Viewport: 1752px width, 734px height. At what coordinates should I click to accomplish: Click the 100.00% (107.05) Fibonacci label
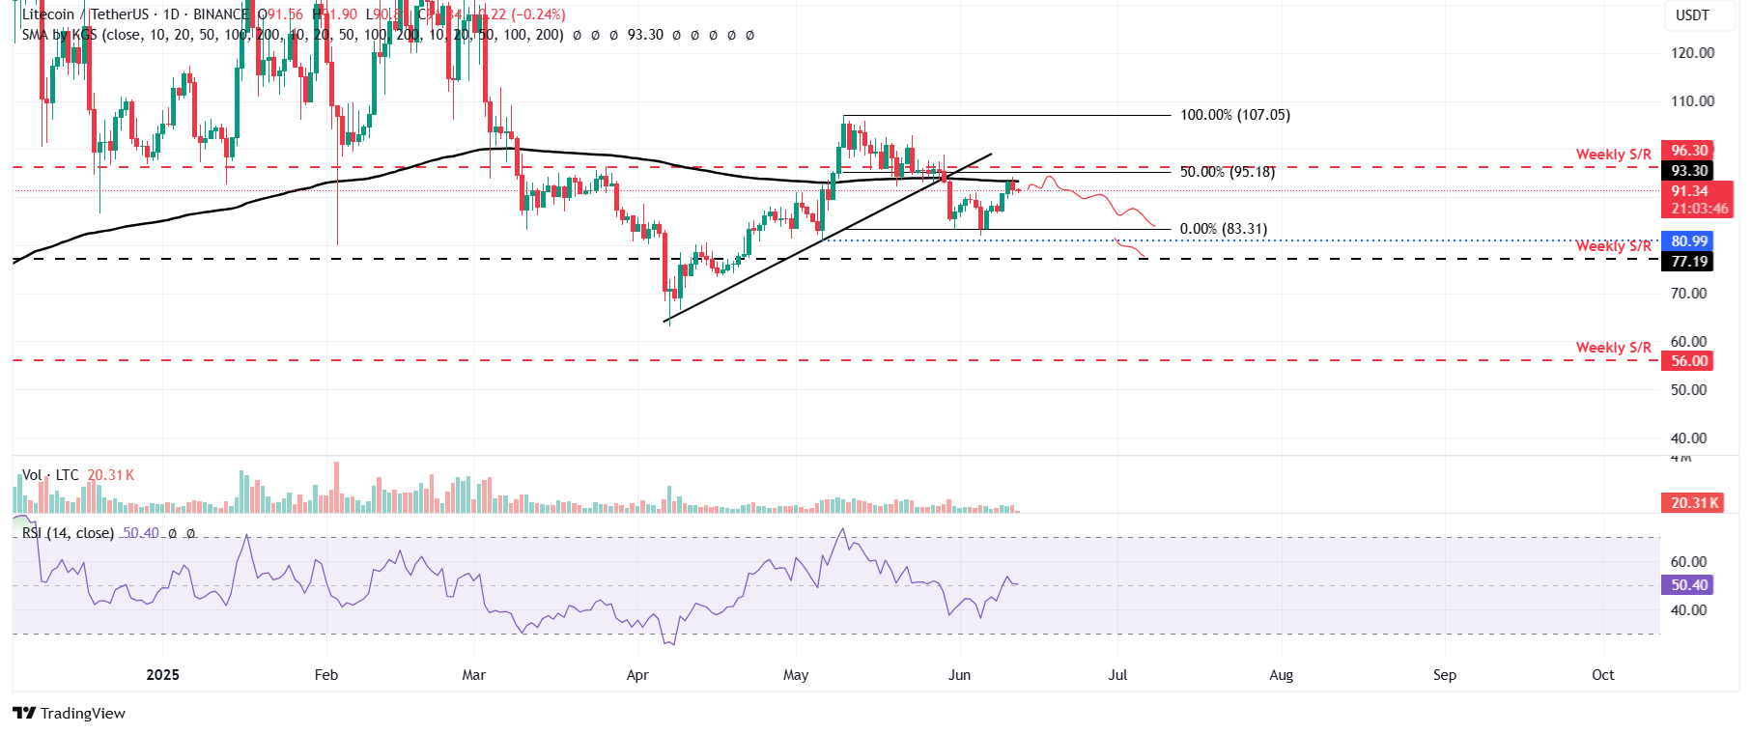click(1234, 115)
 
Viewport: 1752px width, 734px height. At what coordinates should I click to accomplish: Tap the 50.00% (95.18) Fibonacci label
click(1227, 172)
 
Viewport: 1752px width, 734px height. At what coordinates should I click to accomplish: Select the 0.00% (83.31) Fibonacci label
click(1223, 229)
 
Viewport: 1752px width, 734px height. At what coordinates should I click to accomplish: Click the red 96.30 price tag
click(1689, 151)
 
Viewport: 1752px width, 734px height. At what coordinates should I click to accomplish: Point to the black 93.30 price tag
click(1689, 171)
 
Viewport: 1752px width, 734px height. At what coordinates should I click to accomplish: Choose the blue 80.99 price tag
click(1689, 241)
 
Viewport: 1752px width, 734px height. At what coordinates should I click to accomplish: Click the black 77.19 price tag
click(1689, 262)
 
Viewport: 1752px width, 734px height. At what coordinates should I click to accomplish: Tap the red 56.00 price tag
click(1689, 361)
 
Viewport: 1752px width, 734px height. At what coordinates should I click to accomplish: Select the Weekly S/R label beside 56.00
click(1613, 348)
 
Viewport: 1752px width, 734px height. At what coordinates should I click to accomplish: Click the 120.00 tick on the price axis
click(1692, 53)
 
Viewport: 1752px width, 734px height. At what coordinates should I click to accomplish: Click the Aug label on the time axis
click(1281, 675)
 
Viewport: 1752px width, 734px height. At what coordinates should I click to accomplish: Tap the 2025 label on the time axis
click(162, 675)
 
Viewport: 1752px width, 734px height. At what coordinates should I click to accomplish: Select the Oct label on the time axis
click(1602, 675)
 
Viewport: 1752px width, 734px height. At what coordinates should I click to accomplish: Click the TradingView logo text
click(82, 714)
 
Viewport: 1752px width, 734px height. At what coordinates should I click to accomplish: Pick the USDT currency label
click(1692, 15)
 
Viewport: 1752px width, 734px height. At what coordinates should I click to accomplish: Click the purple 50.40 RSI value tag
click(1689, 585)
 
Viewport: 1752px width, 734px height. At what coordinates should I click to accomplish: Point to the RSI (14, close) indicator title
click(68, 533)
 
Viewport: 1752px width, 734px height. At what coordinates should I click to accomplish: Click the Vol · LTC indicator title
click(50, 475)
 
